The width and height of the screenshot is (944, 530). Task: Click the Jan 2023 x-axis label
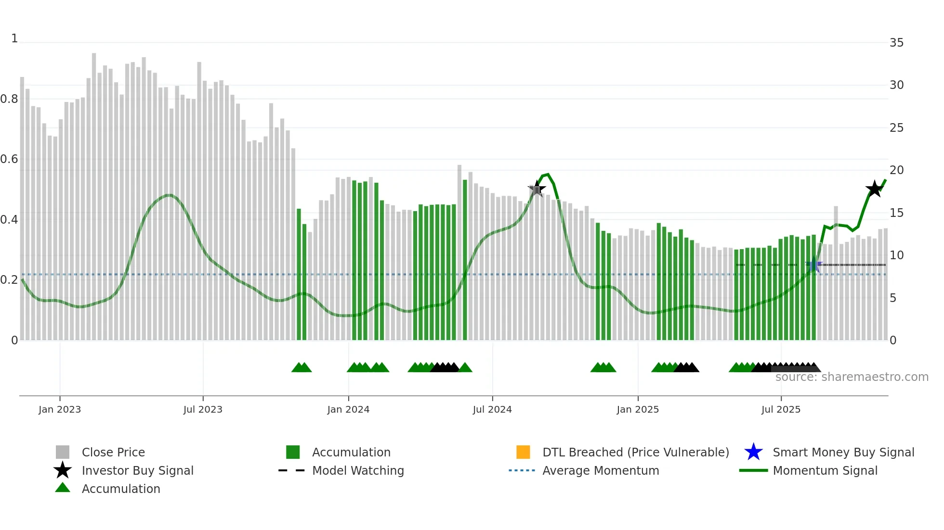point(60,409)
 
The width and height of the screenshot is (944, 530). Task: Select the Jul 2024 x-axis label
point(492,409)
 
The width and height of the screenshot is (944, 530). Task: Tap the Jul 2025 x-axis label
point(781,409)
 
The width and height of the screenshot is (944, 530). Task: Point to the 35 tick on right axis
point(896,43)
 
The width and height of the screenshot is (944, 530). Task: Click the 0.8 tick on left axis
point(9,99)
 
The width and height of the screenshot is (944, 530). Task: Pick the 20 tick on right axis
point(896,170)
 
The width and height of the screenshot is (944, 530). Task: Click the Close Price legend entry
point(113,452)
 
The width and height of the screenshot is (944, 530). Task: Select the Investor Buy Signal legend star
point(63,470)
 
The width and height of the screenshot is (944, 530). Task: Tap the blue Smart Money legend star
point(753,452)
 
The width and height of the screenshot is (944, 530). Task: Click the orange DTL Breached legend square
point(523,452)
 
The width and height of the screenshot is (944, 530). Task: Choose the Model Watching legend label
point(358,470)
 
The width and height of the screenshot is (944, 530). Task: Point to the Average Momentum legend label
point(601,470)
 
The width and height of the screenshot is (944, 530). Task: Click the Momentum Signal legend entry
point(825,470)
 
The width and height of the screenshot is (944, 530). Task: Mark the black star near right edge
point(874,189)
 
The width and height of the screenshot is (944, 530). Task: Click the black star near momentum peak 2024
point(537,189)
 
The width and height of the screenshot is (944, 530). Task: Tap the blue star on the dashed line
point(814,265)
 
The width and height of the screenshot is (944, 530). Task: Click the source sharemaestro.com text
point(852,377)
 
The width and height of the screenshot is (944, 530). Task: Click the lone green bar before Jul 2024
point(465,260)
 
